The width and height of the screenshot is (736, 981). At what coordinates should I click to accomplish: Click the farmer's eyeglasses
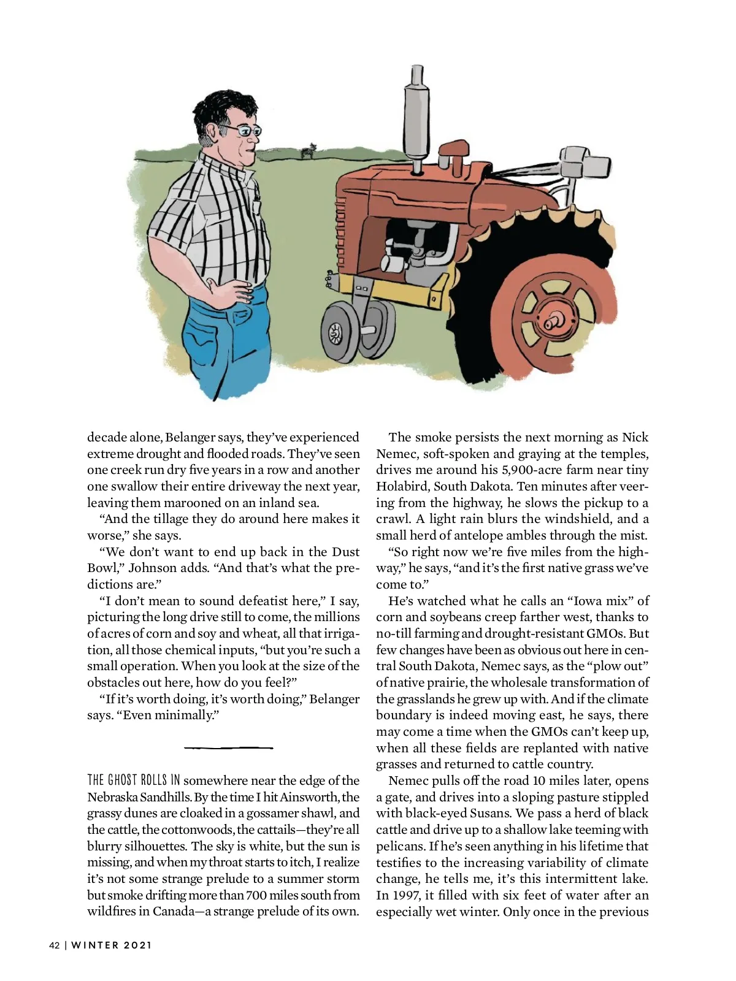tap(244, 130)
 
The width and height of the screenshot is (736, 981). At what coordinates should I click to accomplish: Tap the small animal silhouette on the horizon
tap(312, 149)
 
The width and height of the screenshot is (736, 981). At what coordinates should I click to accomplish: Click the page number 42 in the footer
tap(55, 945)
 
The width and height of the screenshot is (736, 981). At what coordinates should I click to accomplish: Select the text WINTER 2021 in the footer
tap(112, 945)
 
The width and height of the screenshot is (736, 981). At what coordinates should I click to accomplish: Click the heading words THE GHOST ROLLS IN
tap(134, 781)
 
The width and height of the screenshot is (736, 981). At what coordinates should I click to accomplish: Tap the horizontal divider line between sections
tap(228, 747)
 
